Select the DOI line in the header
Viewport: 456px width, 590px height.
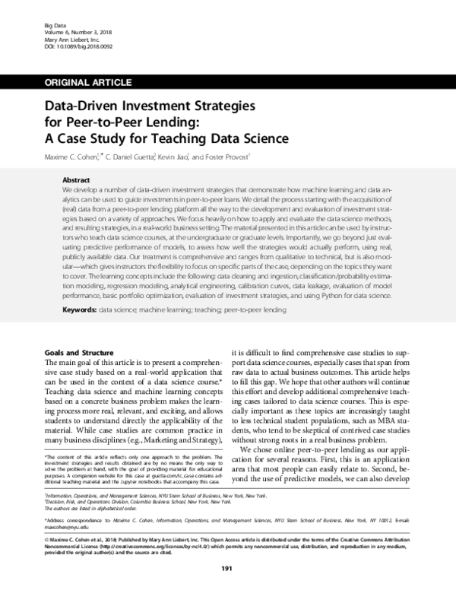(x=68, y=49)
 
